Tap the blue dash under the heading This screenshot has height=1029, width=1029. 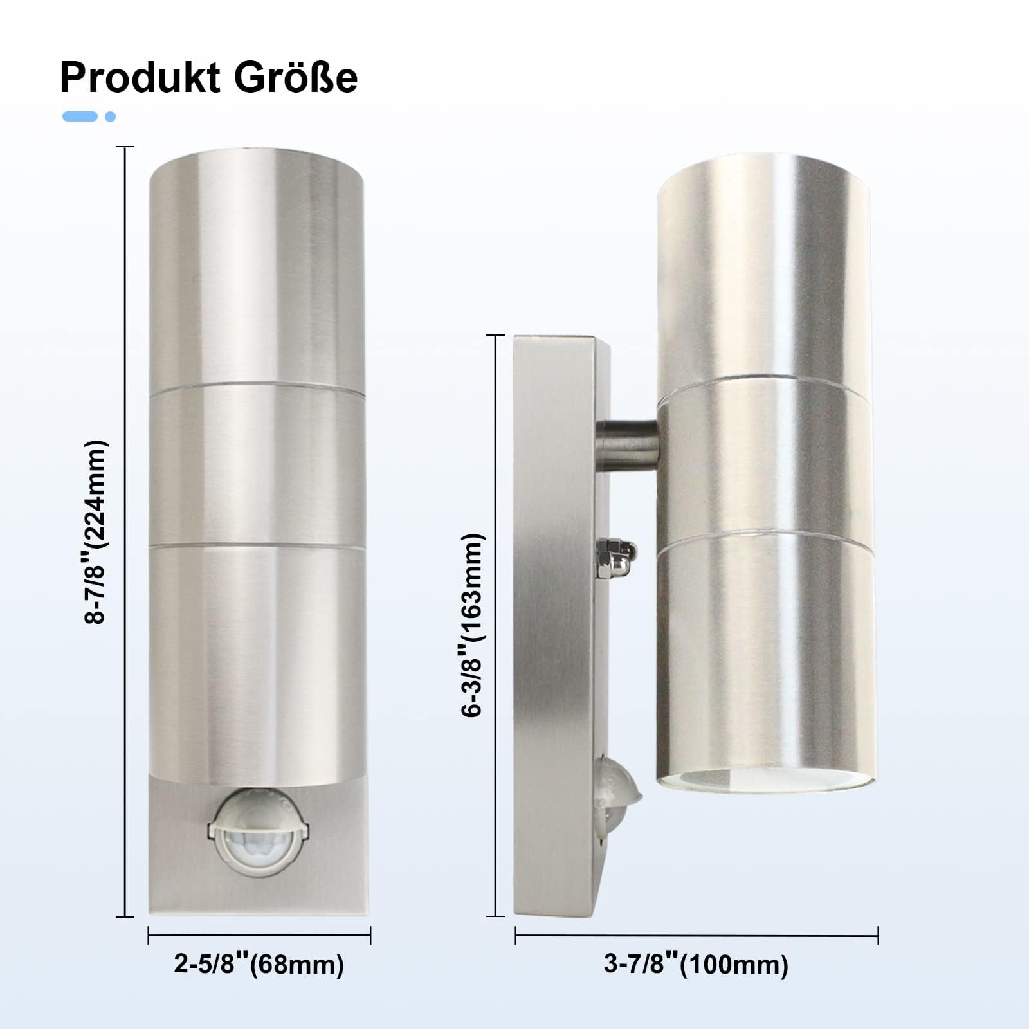pyautogui.click(x=80, y=116)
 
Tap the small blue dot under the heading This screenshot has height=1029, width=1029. pyautogui.click(x=110, y=116)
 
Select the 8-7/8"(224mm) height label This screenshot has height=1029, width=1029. pyautogui.click(x=95, y=532)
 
